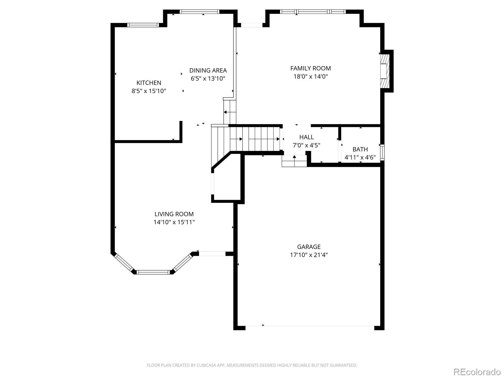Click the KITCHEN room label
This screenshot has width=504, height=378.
(x=149, y=83)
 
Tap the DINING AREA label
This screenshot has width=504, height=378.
(x=208, y=70)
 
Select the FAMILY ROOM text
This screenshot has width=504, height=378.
(x=311, y=68)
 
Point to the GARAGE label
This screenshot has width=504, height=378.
(x=309, y=247)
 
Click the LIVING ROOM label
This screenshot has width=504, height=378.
(x=174, y=214)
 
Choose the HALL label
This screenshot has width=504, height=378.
(x=306, y=137)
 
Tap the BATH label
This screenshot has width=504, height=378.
(x=360, y=149)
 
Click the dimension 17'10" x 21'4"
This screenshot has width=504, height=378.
(x=309, y=255)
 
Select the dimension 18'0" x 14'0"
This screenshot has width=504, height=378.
(x=311, y=76)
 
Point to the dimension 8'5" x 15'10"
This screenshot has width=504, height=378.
(x=149, y=91)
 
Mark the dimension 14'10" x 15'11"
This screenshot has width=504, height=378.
(x=174, y=222)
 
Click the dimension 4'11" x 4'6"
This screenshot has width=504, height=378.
(x=360, y=157)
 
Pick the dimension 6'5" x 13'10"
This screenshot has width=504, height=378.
(x=208, y=78)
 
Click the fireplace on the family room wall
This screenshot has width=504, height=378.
(x=385, y=71)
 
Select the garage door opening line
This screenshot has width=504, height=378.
(x=310, y=326)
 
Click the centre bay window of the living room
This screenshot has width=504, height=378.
(x=153, y=272)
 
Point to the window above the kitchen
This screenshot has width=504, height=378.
(x=143, y=25)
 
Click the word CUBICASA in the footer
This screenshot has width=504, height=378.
(x=206, y=365)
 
